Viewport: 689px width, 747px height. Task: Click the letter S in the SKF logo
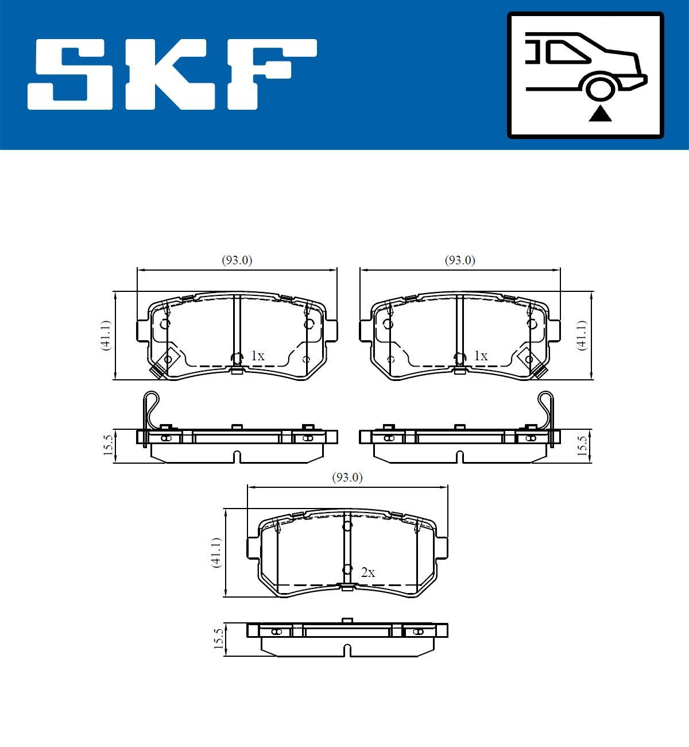72,75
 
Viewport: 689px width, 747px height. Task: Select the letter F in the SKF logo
273,75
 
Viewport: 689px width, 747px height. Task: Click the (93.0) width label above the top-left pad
237,260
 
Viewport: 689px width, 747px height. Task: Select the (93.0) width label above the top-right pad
460,260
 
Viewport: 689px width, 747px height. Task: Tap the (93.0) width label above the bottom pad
347,478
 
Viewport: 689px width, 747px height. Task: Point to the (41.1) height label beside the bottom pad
216,553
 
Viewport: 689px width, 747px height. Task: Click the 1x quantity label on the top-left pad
258,356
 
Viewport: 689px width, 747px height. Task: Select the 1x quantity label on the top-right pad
481,356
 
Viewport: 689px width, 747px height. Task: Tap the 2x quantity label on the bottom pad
368,573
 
